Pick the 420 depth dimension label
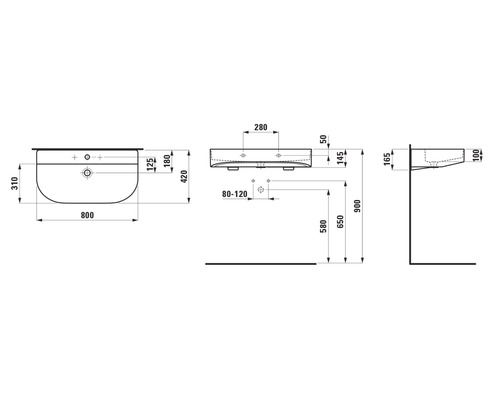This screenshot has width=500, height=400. pos(184,177)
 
